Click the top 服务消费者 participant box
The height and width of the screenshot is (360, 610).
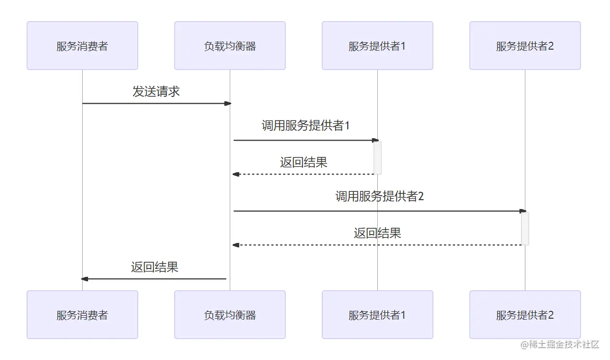pyautogui.click(x=82, y=46)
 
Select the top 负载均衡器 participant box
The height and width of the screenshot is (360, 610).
pyautogui.click(x=230, y=46)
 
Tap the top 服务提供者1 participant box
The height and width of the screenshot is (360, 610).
pyautogui.click(x=377, y=46)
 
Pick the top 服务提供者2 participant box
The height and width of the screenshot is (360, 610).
pyautogui.click(x=525, y=46)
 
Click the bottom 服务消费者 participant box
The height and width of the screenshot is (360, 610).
pyautogui.click(x=82, y=315)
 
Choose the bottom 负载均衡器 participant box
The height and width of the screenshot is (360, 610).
pyautogui.click(x=230, y=315)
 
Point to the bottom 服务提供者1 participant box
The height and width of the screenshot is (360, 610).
pyautogui.click(x=377, y=315)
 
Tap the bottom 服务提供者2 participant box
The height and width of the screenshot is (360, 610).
pyautogui.click(x=525, y=315)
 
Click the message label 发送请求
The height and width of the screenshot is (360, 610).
pyautogui.click(x=156, y=91)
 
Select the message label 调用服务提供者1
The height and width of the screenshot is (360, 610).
pyautogui.click(x=305, y=126)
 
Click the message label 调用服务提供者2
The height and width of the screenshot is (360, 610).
pyautogui.click(x=379, y=197)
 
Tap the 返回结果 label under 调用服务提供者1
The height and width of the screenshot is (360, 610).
pyautogui.click(x=304, y=162)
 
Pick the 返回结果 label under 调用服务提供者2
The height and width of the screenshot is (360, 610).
pyautogui.click(x=377, y=233)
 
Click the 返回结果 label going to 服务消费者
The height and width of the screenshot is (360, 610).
pyautogui.click(x=154, y=267)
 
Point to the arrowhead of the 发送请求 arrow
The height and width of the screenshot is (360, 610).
pyautogui.click(x=228, y=103)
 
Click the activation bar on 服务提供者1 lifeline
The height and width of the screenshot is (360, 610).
pyautogui.click(x=377, y=158)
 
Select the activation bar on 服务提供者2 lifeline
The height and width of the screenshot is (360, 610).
pyautogui.click(x=525, y=229)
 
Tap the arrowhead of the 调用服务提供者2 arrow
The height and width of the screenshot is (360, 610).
pyautogui.click(x=523, y=211)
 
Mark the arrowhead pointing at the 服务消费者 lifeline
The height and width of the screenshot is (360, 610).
pyautogui.click(x=85, y=279)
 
